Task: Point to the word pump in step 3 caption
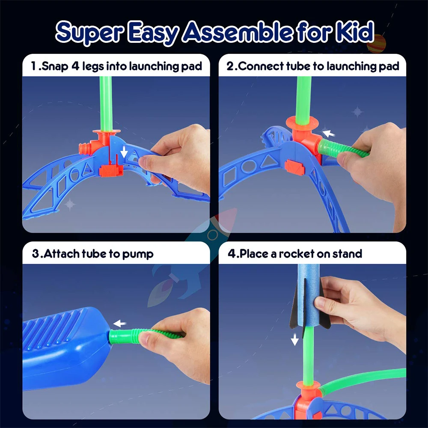coord(137,254)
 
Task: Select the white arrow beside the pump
coord(119,324)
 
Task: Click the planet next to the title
coord(377,43)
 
